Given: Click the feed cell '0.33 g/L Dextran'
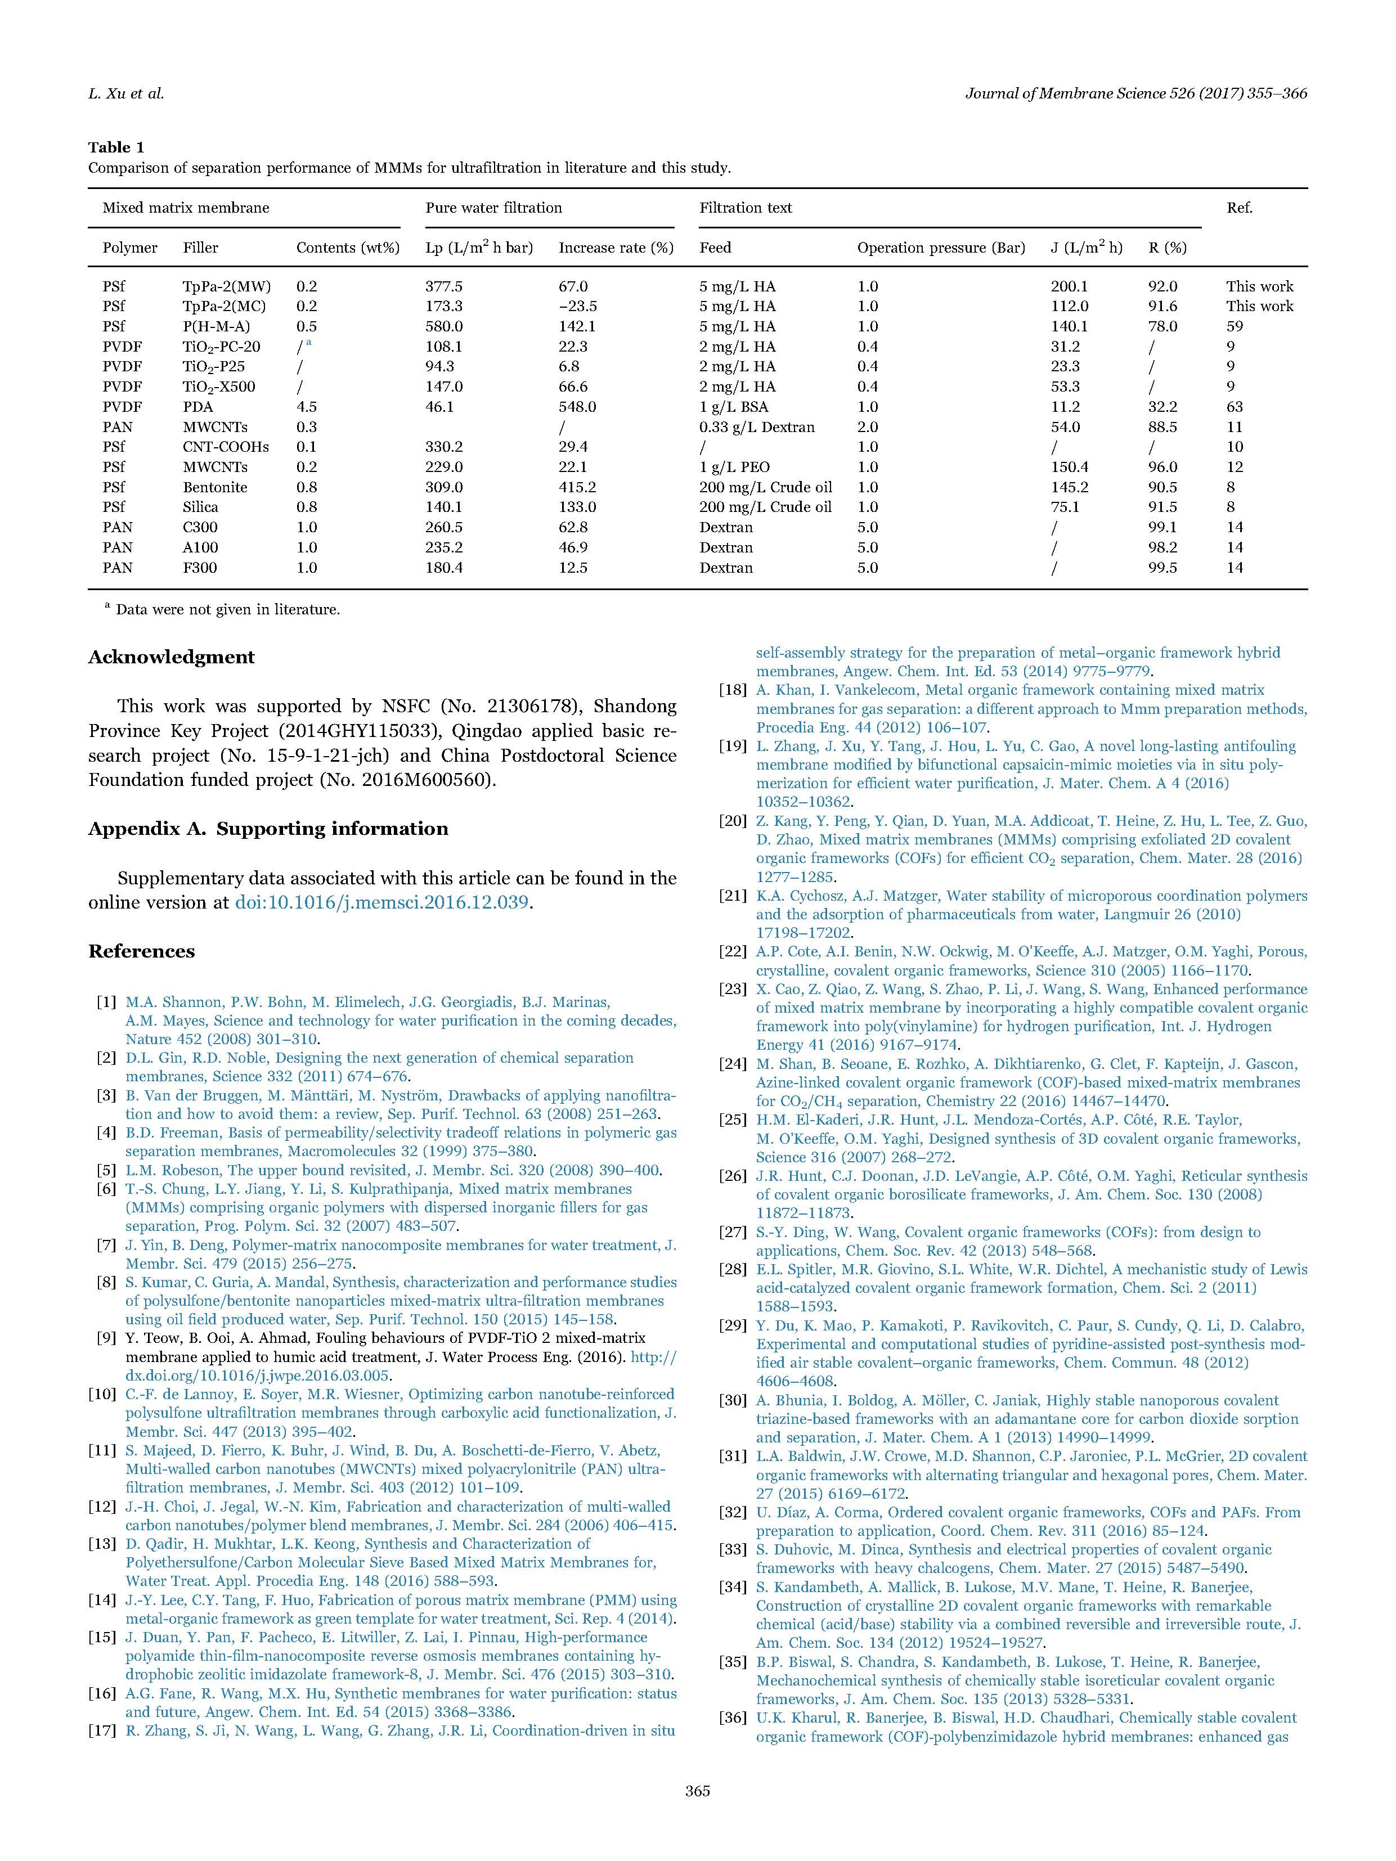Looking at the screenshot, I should point(756,426).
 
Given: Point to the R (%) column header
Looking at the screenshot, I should point(1167,248).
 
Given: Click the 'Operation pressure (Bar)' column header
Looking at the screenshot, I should point(941,248).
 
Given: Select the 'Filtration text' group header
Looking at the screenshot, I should point(746,208).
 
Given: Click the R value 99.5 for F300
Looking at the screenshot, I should point(1163,568).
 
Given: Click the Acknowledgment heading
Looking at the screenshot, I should point(172,657).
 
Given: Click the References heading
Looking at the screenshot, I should point(141,951).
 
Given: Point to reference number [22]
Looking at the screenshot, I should point(733,951).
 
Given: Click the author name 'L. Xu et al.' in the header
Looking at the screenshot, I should point(126,93).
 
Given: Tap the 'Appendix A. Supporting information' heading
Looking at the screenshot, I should point(268,829).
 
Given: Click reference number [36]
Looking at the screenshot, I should point(733,1717).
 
